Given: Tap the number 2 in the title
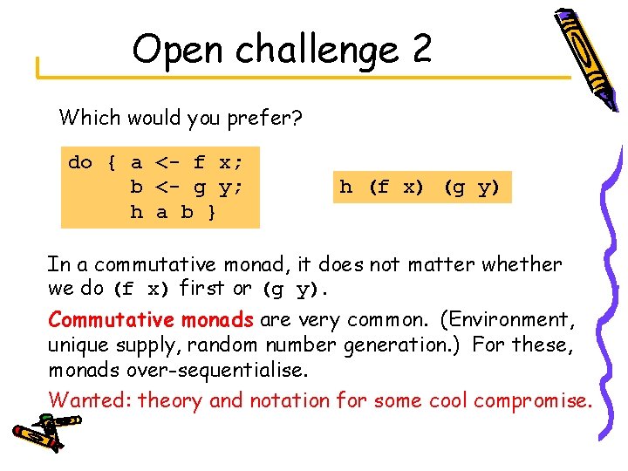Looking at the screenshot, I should [421, 50].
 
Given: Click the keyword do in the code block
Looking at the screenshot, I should [80, 162].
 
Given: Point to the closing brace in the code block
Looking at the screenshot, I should [212, 211].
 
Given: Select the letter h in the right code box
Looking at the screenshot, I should [345, 187].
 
